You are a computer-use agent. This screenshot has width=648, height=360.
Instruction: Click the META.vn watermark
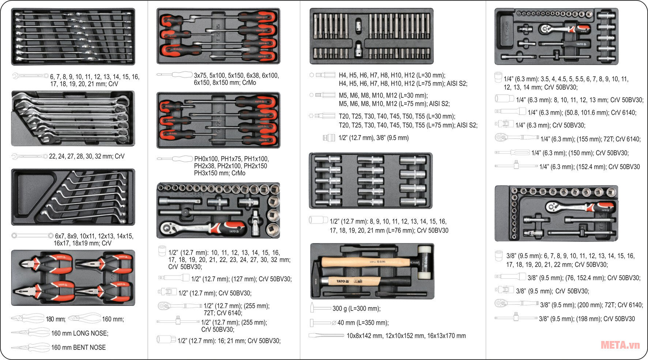(x=620, y=345)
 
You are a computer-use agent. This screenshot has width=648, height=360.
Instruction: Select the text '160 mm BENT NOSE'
(x=78, y=348)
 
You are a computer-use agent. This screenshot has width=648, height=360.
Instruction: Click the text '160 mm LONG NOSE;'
(x=80, y=333)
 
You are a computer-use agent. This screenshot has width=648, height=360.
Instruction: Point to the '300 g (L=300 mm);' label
(x=356, y=309)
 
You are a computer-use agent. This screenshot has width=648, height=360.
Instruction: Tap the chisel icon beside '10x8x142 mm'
(x=326, y=335)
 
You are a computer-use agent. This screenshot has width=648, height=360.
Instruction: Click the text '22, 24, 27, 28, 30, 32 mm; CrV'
(x=87, y=156)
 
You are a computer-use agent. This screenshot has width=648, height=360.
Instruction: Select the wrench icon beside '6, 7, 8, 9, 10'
(x=30, y=76)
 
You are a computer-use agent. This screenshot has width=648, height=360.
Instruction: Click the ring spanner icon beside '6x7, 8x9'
(x=32, y=236)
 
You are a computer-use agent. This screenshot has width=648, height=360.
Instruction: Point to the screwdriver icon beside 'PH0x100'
(x=174, y=159)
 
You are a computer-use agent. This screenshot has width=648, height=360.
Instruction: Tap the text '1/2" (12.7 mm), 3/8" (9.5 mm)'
(x=373, y=138)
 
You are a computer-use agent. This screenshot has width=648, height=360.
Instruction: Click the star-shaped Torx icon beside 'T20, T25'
(x=312, y=116)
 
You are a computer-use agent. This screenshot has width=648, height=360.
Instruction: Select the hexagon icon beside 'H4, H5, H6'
(x=312, y=75)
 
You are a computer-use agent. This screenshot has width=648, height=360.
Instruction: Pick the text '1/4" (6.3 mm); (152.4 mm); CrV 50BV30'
(x=589, y=167)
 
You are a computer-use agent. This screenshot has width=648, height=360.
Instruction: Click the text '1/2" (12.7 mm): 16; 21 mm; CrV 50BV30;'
(x=229, y=341)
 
